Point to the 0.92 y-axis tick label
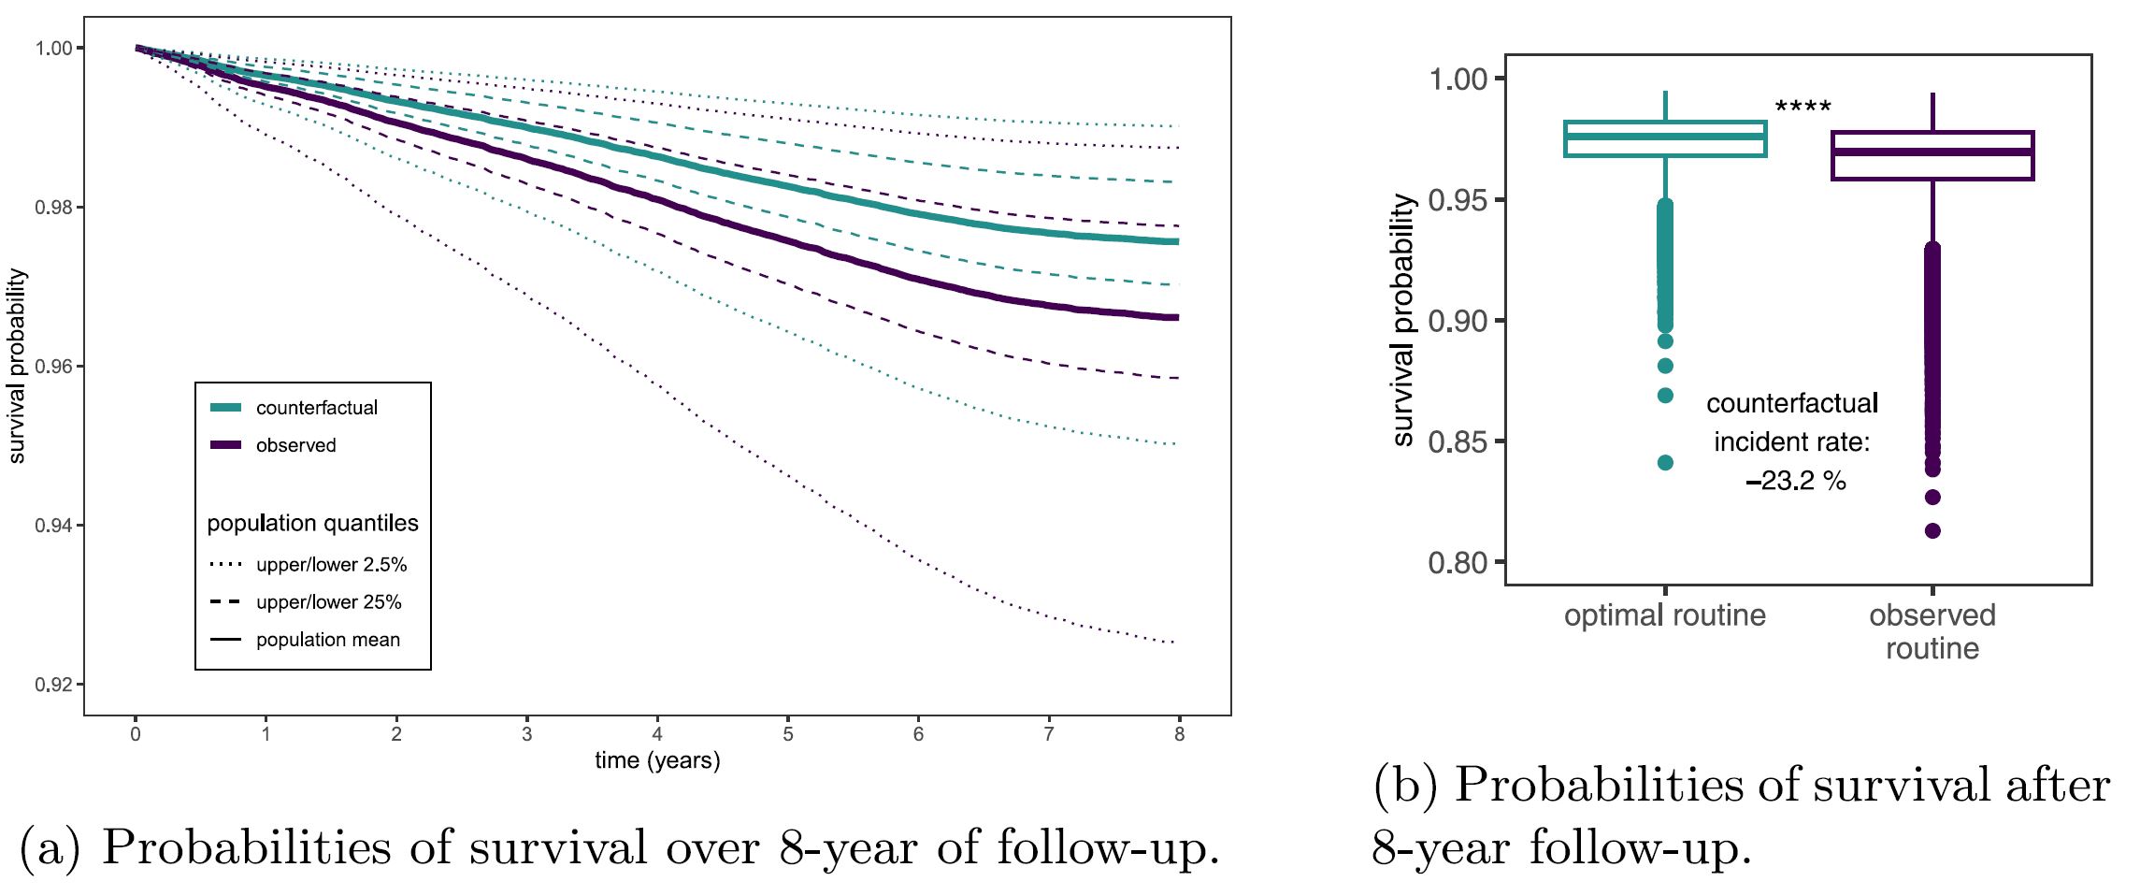pyautogui.click(x=53, y=685)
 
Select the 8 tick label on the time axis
pyautogui.click(x=1179, y=734)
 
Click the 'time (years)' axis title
pyautogui.click(x=657, y=760)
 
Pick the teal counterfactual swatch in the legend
pyautogui.click(x=226, y=408)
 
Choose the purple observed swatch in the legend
pyautogui.click(x=226, y=445)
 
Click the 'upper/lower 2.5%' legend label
pyautogui.click(x=331, y=565)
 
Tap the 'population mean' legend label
pyautogui.click(x=327, y=640)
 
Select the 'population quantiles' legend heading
pyautogui.click(x=312, y=523)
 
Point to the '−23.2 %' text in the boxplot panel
pyautogui.click(x=1795, y=481)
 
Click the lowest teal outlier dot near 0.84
pyautogui.click(x=1665, y=463)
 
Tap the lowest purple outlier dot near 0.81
pyautogui.click(x=1932, y=531)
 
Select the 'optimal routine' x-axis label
pyautogui.click(x=1664, y=615)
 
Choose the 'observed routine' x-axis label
pyautogui.click(x=1932, y=631)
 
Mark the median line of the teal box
pyautogui.click(x=1665, y=137)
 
